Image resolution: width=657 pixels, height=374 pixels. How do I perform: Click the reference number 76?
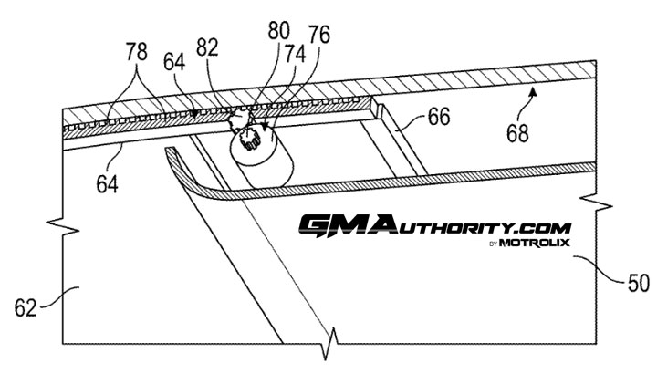tap(318, 36)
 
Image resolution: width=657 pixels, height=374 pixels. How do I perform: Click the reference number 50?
tap(638, 283)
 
